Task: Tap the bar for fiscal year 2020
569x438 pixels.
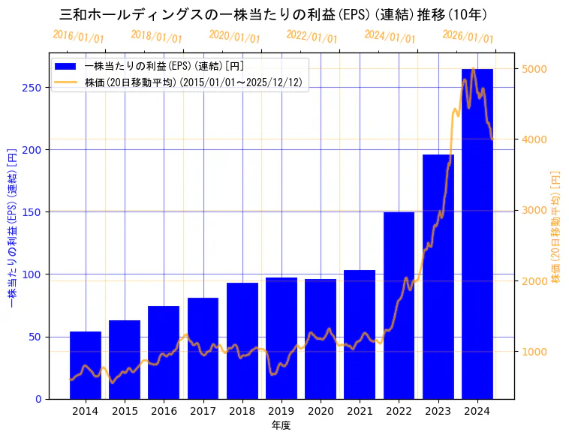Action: (x=321, y=338)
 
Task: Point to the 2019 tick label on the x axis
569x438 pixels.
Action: (x=281, y=411)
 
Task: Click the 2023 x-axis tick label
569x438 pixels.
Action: (x=438, y=411)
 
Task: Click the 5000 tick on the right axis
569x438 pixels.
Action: (x=534, y=69)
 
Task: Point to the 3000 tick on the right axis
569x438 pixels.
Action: (x=534, y=210)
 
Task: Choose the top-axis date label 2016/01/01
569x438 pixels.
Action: (x=79, y=37)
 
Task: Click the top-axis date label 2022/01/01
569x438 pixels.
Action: (x=312, y=37)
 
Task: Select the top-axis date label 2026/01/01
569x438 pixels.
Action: (x=468, y=37)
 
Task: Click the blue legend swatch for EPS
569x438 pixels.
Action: (x=65, y=67)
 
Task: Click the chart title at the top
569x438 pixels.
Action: (x=273, y=14)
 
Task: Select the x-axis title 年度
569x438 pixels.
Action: (x=281, y=425)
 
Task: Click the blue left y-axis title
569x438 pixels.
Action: (x=11, y=229)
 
